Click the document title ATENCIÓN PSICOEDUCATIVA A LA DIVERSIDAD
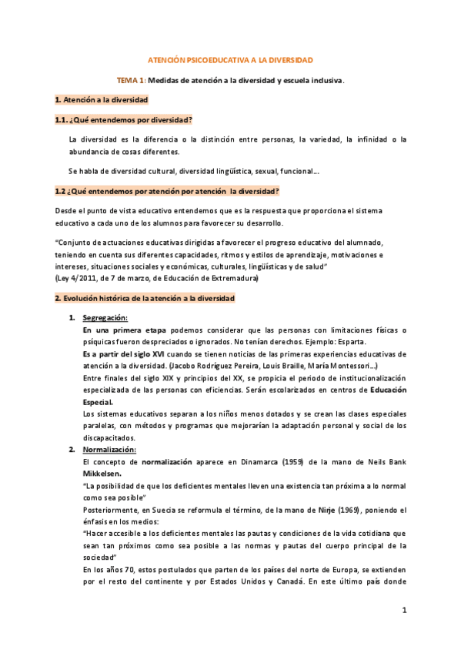(x=230, y=60)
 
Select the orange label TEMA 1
(x=129, y=80)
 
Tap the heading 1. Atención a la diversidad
(x=101, y=100)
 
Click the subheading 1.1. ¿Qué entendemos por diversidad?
(x=123, y=120)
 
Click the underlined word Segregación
(x=105, y=318)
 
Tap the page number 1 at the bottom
(x=403, y=610)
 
